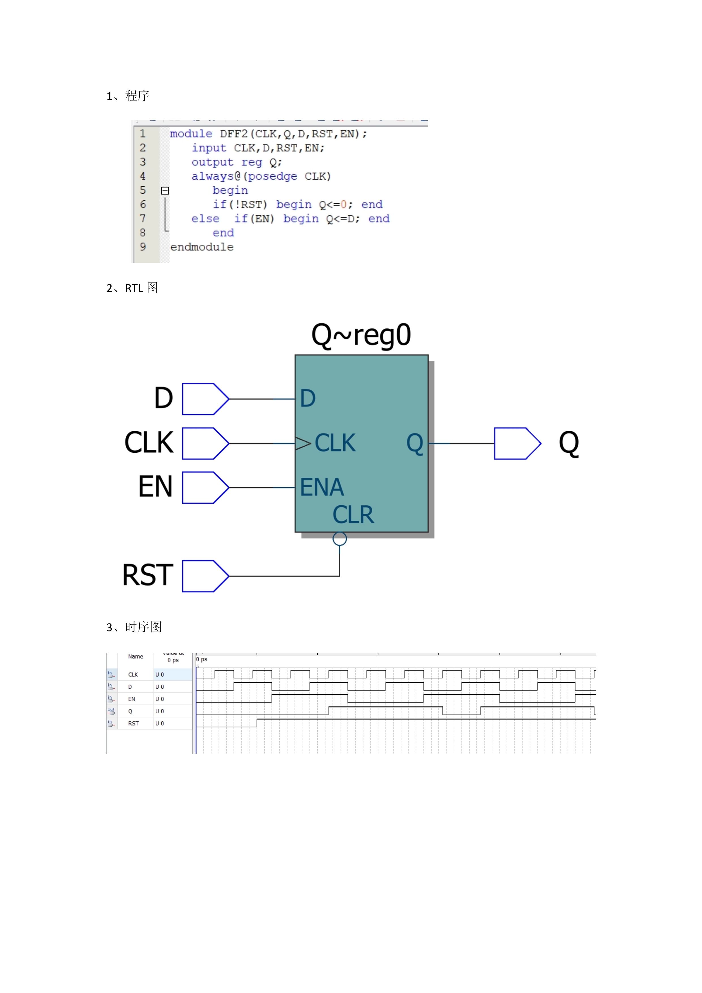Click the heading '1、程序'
pyautogui.click(x=128, y=96)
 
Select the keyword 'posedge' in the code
pyautogui.click(x=272, y=176)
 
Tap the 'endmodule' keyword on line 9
pyautogui.click(x=202, y=247)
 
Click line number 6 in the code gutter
pyautogui.click(x=143, y=204)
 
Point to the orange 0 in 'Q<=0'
pyautogui.click(x=344, y=204)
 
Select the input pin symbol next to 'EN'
pyautogui.click(x=205, y=487)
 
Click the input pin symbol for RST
pyautogui.click(x=205, y=576)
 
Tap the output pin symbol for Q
pyautogui.click(x=517, y=443)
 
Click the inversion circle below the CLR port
pyautogui.click(x=340, y=539)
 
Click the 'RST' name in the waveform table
pyautogui.click(x=133, y=723)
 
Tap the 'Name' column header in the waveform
pyautogui.click(x=135, y=657)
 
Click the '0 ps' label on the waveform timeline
pyautogui.click(x=202, y=659)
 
